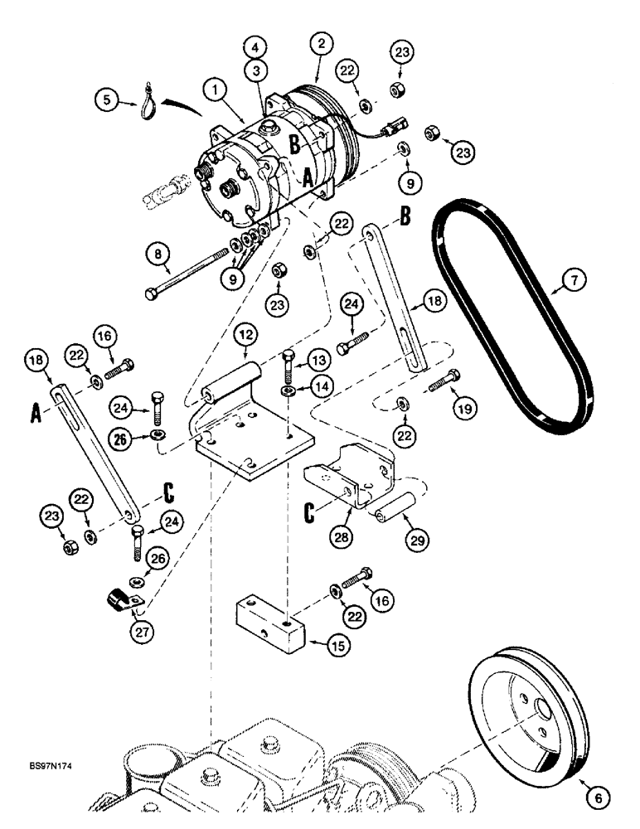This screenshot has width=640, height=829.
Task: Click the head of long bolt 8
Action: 152,294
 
